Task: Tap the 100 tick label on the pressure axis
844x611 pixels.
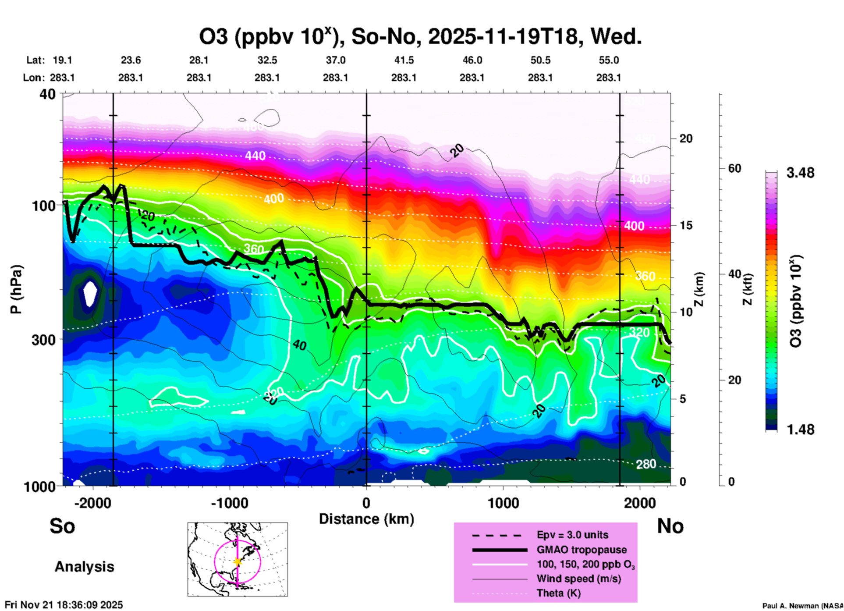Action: [43, 206]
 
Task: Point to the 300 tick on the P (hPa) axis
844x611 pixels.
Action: [43, 340]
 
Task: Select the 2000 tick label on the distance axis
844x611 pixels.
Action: [639, 503]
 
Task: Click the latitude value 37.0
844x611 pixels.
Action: [335, 60]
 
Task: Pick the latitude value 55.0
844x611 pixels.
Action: [608, 60]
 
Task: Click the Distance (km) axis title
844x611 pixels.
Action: [366, 519]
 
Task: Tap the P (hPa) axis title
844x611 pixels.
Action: [16, 289]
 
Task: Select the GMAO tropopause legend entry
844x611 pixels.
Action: [582, 550]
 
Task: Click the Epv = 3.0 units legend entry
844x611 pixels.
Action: [572, 535]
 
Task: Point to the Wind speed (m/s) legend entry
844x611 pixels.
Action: [578, 579]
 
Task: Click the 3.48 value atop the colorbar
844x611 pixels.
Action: [800, 173]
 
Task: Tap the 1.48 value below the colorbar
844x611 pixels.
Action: [800, 430]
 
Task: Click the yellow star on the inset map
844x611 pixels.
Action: [238, 561]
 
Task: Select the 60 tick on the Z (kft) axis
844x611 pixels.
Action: [734, 168]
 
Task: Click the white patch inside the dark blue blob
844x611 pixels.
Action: [90, 293]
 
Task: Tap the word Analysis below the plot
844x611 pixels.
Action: [84, 567]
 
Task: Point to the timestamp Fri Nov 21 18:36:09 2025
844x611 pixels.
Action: [64, 605]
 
